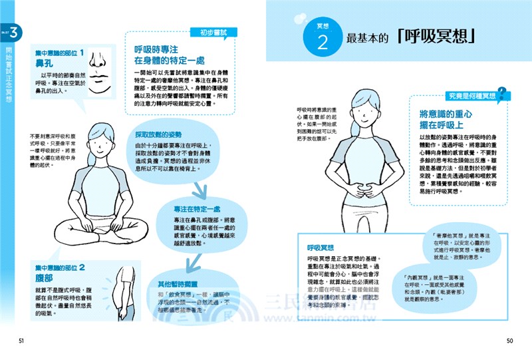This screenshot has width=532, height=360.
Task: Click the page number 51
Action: [22, 341]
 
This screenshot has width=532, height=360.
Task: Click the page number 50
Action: [510, 341]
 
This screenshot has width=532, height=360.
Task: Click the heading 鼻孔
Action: [45, 65]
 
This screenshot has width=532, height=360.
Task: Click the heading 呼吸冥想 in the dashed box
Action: [325, 247]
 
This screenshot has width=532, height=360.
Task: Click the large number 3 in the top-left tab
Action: [13, 33]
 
